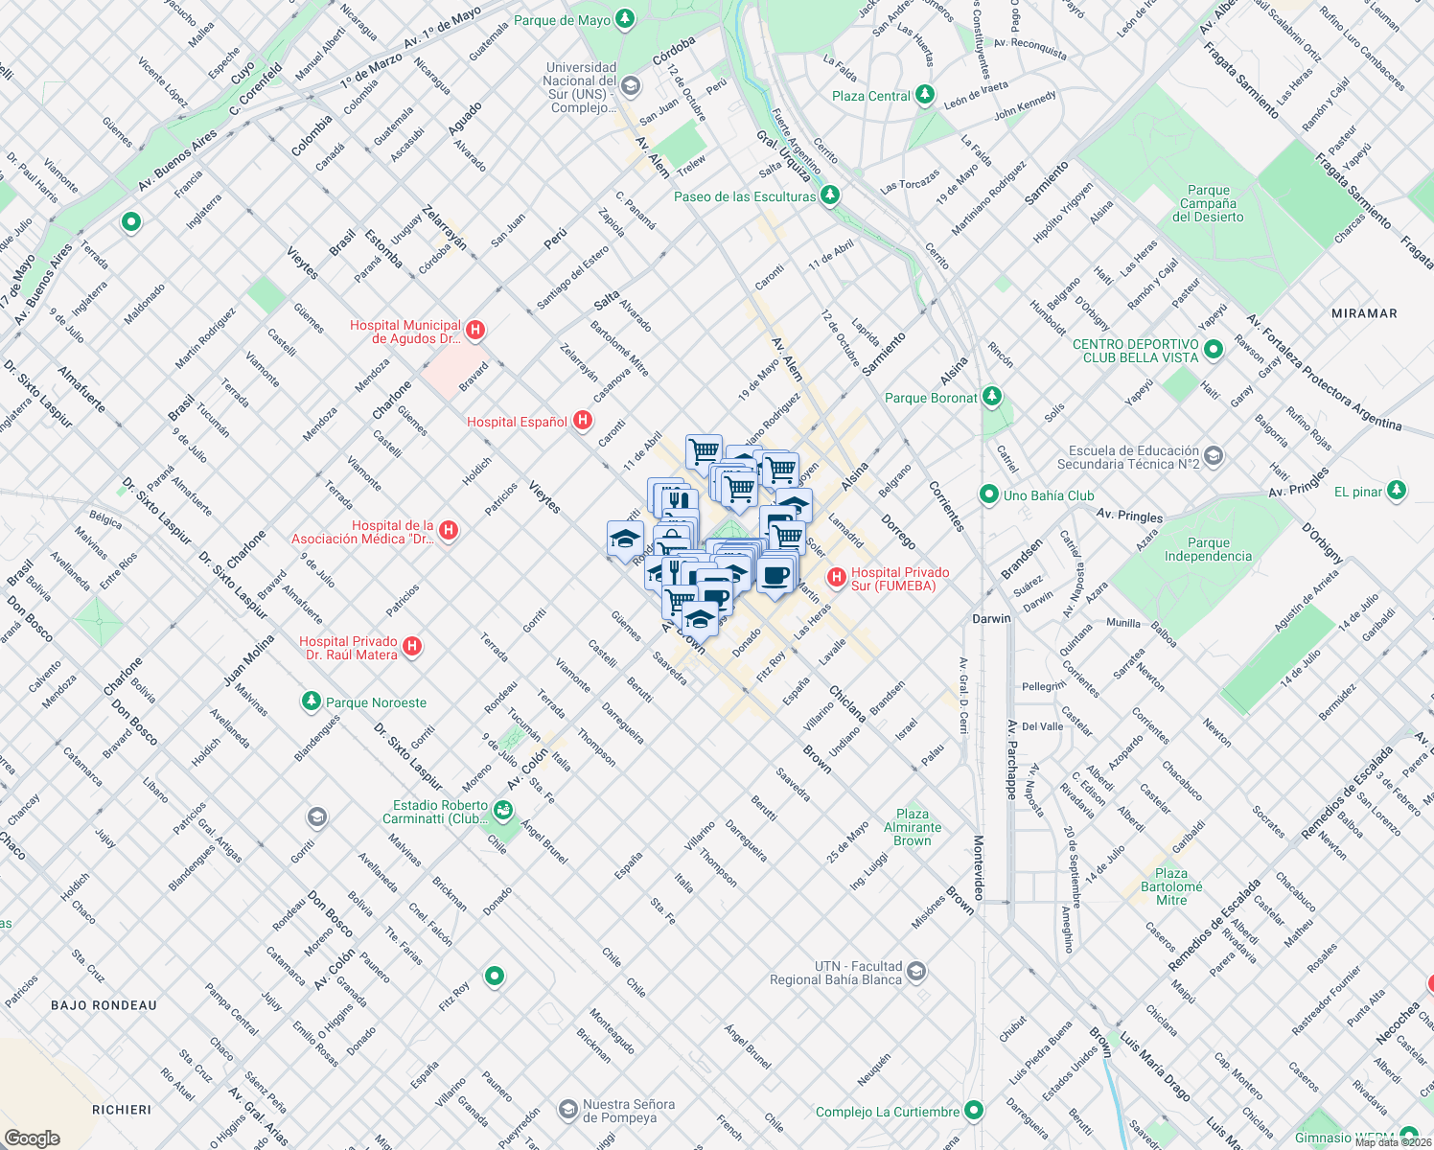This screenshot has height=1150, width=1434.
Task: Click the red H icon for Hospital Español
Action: coord(582,421)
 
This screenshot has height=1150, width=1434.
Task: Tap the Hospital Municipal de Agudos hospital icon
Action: coord(474,331)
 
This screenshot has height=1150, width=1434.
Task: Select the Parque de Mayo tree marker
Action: coord(625,19)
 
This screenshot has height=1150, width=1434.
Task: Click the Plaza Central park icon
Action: coord(925,95)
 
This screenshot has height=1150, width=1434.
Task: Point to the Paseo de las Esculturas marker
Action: coord(830,195)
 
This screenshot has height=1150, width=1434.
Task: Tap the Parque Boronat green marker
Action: coord(992,397)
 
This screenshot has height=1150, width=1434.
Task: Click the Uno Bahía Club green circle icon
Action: coord(988,494)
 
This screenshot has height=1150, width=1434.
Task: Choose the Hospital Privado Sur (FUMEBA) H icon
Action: coord(837,577)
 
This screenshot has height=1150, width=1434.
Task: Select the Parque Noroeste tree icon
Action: coord(312,701)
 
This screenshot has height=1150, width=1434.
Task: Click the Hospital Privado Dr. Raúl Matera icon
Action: coord(412,647)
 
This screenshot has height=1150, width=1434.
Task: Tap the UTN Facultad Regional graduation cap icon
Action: coord(916,972)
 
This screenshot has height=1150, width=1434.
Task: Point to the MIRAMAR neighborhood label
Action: coord(1364,313)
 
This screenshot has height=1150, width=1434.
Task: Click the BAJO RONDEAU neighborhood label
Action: coord(104,1005)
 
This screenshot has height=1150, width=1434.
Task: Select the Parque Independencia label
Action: coord(1208,549)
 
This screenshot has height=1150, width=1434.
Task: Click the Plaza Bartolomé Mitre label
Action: coord(1171,886)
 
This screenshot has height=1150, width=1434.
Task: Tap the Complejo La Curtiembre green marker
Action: coord(974,1111)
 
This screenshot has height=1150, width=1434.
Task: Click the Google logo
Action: coord(32,1138)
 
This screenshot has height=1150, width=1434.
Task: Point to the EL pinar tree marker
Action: coord(1397,491)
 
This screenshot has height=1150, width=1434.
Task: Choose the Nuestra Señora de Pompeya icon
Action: coord(567,1109)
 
